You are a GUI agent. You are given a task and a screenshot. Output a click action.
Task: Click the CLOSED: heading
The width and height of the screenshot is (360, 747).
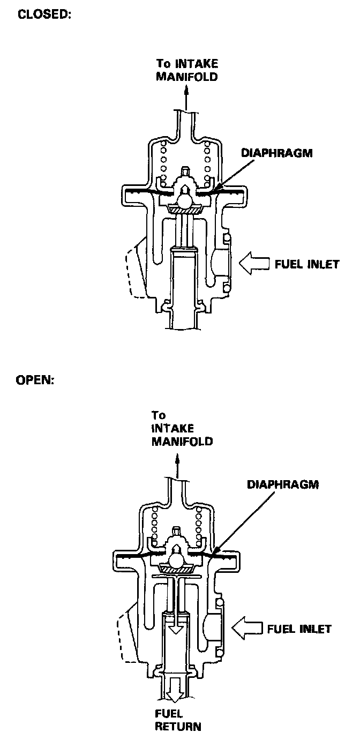coord(44,14)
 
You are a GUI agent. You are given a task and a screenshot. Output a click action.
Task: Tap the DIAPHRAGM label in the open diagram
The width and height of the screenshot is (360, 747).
coord(282,484)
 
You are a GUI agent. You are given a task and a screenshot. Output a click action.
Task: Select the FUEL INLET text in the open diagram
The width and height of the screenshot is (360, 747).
coord(299,628)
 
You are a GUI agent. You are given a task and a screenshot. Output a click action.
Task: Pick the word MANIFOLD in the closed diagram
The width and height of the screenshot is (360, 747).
coord(186,76)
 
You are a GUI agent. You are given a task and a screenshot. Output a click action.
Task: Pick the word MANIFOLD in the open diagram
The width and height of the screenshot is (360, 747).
coord(182,442)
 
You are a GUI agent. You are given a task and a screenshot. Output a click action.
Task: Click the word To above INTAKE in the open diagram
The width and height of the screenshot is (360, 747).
coord(159,415)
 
